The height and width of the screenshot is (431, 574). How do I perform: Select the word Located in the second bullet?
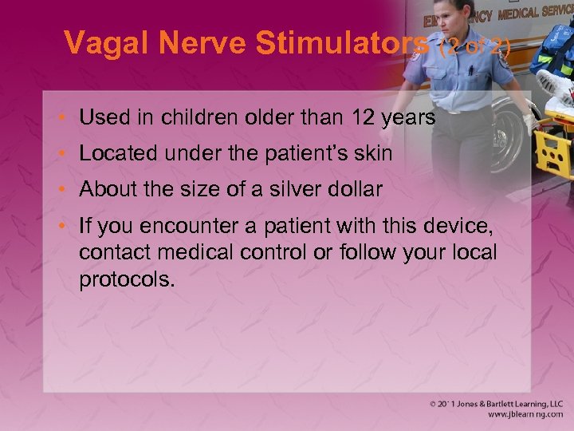112,154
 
